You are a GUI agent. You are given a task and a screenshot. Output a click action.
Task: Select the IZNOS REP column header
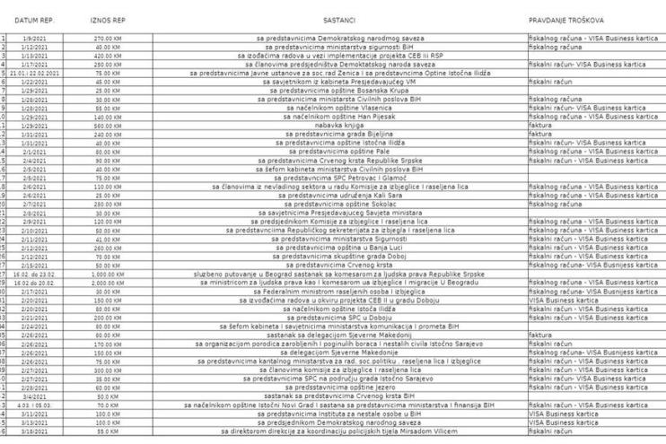[x=108, y=18]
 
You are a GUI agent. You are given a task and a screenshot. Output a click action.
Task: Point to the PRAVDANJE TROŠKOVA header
[x=566, y=18]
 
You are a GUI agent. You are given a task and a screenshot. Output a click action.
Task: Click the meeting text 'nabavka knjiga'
[x=338, y=126]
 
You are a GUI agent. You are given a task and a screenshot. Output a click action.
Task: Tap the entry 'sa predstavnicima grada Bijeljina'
[x=338, y=135]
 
